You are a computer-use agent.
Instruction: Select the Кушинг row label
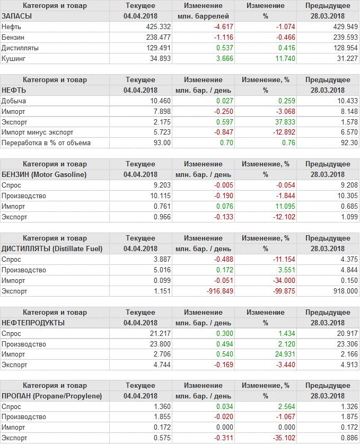click(13, 58)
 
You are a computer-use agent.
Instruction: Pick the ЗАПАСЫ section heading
click(17, 16)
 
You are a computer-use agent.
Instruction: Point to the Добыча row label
click(14, 101)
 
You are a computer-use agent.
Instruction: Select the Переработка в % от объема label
click(46, 143)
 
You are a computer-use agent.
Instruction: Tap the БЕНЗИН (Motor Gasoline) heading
click(51, 174)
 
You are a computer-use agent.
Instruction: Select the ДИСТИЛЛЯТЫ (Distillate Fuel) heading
click(52, 248)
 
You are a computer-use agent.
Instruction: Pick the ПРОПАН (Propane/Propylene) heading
click(52, 396)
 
